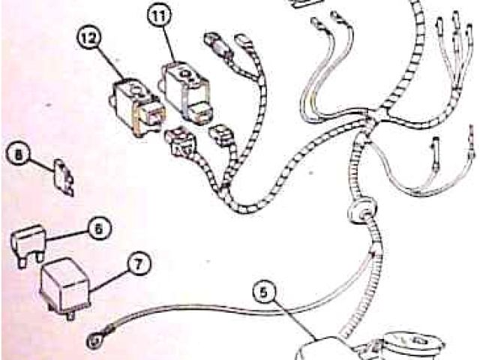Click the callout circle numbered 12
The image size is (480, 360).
[88, 37]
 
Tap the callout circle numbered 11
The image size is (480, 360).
[160, 16]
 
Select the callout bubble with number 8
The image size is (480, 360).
[19, 154]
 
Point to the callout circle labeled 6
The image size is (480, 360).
[99, 228]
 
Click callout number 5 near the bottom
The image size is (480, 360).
[264, 292]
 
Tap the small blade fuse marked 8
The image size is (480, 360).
[64, 177]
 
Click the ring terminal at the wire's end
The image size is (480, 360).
[94, 340]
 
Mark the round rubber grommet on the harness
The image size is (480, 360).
[361, 211]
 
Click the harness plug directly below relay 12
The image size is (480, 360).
[181, 142]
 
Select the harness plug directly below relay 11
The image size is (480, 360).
[221, 135]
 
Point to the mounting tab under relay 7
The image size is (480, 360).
[70, 315]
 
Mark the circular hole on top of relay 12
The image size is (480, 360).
[136, 90]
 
